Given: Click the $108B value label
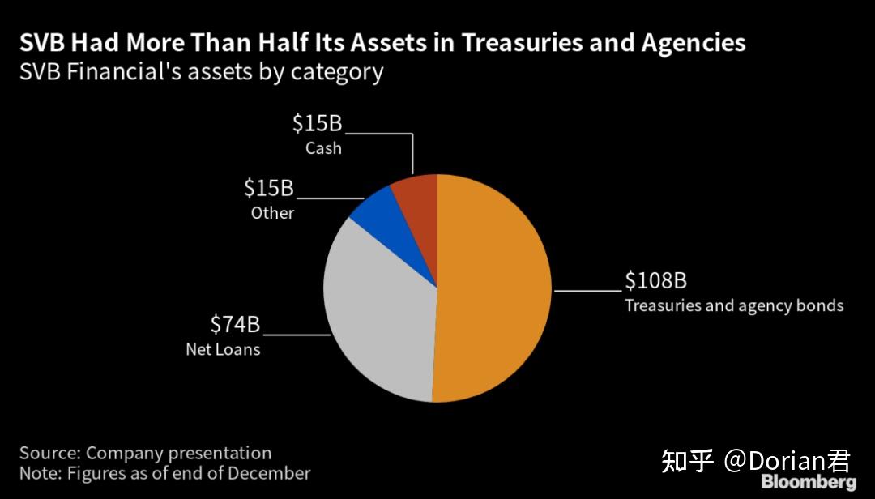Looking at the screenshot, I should pyautogui.click(x=655, y=281).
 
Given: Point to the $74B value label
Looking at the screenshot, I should pyautogui.click(x=235, y=325).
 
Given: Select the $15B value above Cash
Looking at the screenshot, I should pyautogui.click(x=318, y=124).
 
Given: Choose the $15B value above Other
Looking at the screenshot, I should pyautogui.click(x=269, y=189).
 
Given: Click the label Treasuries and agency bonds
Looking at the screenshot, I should pyautogui.click(x=734, y=305).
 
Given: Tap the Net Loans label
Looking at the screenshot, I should pyautogui.click(x=223, y=350).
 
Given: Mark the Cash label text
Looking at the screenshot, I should pyautogui.click(x=323, y=148).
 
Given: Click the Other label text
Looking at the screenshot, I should pyautogui.click(x=272, y=213).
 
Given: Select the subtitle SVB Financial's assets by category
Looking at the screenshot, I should pyautogui.click(x=201, y=71).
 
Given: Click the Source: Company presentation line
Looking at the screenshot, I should pyautogui.click(x=146, y=453).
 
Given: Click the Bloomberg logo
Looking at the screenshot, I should pyautogui.click(x=808, y=483).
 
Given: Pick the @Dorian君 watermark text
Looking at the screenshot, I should pyautogui.click(x=787, y=461).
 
